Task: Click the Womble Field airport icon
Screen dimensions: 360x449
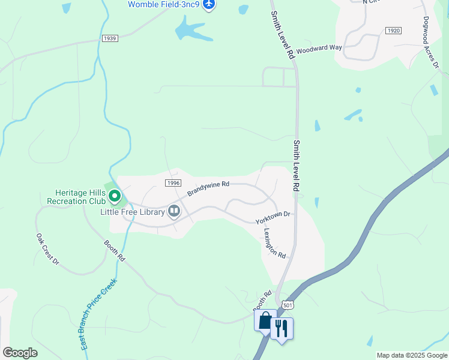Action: coord(209,5)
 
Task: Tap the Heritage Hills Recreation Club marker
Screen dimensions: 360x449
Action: coord(114,196)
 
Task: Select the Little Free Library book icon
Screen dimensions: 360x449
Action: coord(174,211)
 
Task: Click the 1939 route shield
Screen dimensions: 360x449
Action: coord(110,38)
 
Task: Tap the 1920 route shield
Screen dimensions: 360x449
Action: coord(394,31)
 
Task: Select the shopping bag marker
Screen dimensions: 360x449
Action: coord(265,321)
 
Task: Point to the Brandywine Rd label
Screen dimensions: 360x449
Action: coord(208,188)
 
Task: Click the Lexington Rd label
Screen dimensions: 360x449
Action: coord(274,243)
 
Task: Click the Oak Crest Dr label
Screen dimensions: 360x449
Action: coord(48,249)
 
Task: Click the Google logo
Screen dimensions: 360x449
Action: coord(20,353)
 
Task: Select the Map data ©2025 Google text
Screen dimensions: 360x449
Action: coord(412,355)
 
